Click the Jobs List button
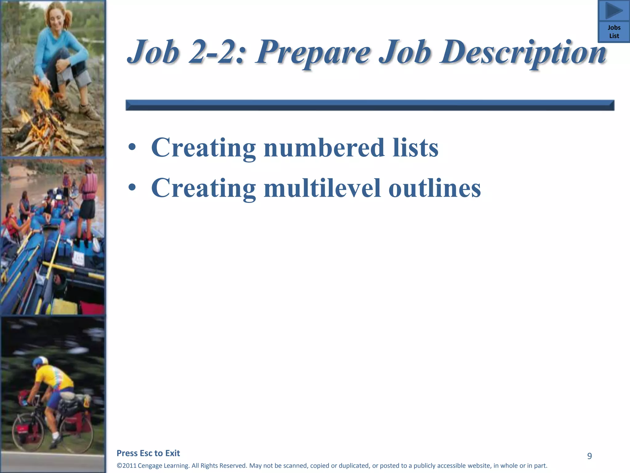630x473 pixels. click(x=614, y=32)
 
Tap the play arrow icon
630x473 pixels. click(x=614, y=11)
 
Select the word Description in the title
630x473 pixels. click(x=523, y=52)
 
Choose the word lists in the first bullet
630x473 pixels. click(x=415, y=148)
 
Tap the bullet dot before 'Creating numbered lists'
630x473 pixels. click(x=132, y=148)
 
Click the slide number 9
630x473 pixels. click(x=589, y=456)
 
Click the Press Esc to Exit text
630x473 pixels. click(x=148, y=453)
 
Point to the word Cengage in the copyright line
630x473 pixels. click(x=150, y=466)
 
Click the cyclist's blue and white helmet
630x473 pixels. click(x=40, y=361)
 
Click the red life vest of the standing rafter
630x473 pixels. click(x=90, y=186)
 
